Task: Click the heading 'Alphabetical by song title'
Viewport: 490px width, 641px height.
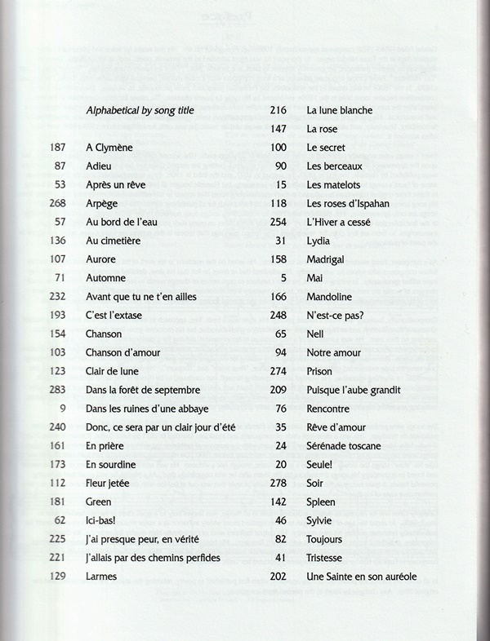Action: pos(140,110)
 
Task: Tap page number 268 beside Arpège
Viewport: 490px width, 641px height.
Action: pos(56,203)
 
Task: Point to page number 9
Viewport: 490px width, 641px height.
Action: pos(62,409)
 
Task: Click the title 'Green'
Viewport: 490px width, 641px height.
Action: pos(100,502)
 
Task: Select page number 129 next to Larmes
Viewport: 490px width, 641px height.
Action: pos(56,577)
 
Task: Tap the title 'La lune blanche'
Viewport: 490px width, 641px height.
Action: pos(339,110)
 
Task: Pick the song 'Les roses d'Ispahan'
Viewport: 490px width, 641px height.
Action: pos(348,203)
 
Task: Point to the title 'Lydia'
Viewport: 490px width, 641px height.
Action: pos(319,241)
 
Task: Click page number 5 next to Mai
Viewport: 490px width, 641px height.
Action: pos(283,278)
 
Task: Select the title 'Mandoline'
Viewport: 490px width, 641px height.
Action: pos(331,297)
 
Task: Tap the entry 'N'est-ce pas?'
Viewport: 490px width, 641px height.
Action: pos(336,316)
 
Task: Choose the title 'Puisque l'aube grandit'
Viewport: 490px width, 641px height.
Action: pos(353,390)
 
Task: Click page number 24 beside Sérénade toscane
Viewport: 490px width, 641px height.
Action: pos(280,446)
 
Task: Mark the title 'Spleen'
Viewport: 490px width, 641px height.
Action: pos(321,502)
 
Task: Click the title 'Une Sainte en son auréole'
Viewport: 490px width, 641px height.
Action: pos(362,577)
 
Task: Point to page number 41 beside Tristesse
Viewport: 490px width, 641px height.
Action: pos(280,558)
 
